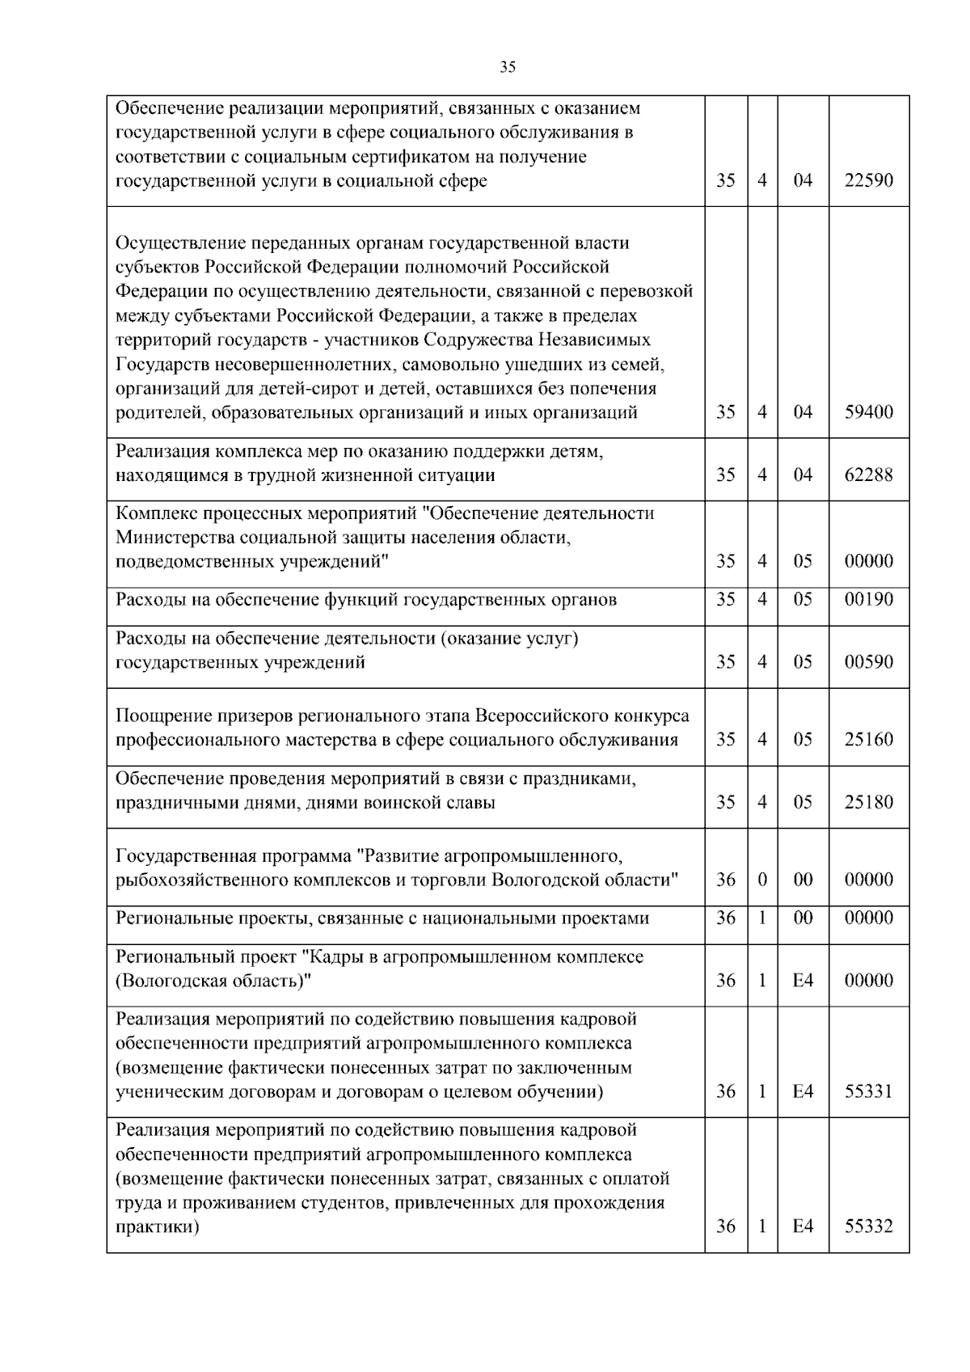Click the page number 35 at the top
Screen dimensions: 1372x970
pyautogui.click(x=508, y=67)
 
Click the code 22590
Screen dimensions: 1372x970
pyautogui.click(x=869, y=180)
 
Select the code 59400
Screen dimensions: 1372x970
pyautogui.click(x=869, y=412)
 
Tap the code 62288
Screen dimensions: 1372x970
pyautogui.click(x=869, y=475)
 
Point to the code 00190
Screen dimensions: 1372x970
pyautogui.click(x=869, y=599)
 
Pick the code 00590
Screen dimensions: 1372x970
pyautogui.click(x=869, y=662)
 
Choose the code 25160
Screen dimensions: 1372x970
pyautogui.click(x=869, y=740)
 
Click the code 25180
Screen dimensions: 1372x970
pyautogui.click(x=869, y=802)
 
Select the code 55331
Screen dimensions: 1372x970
pyautogui.click(x=869, y=1091)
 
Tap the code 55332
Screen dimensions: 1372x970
pyautogui.click(x=869, y=1226)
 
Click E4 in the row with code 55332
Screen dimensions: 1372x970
pyautogui.click(x=803, y=1226)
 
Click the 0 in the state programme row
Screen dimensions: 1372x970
pyautogui.click(x=762, y=880)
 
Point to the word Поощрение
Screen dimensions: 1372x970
pyautogui.click(x=164, y=716)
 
